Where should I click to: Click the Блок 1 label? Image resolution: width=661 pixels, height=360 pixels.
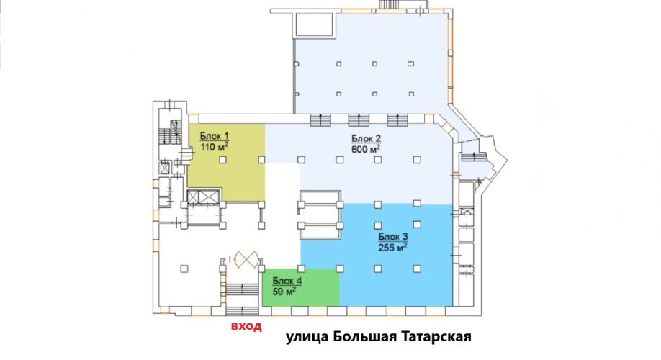pyautogui.click(x=214, y=136)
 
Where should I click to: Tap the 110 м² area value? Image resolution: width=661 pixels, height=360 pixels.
pyautogui.click(x=214, y=147)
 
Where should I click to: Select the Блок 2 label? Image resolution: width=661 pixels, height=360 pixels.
pyautogui.click(x=366, y=139)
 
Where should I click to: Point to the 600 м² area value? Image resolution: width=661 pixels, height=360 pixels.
pyautogui.click(x=366, y=149)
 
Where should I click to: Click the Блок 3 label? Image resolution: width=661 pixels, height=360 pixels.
pyautogui.click(x=393, y=237)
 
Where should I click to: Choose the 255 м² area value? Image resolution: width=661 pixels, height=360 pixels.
pyautogui.click(x=392, y=248)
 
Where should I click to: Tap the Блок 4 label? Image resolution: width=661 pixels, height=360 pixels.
pyautogui.click(x=287, y=281)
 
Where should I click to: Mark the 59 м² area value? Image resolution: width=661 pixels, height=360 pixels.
pyautogui.click(x=284, y=292)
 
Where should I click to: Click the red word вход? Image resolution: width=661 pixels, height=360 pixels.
pyautogui.click(x=246, y=326)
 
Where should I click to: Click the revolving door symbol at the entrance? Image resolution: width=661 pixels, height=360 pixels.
pyautogui.click(x=246, y=259)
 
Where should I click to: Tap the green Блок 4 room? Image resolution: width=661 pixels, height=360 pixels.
pyautogui.click(x=300, y=287)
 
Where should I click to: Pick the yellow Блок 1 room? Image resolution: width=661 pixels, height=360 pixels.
pyautogui.click(x=226, y=162)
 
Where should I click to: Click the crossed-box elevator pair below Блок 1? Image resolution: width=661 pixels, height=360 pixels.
pyautogui.click(x=204, y=197)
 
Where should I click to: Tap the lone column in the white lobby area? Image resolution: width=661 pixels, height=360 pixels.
pyautogui.click(x=184, y=269)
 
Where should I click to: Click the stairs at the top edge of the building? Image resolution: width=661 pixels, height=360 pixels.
pyautogui.click(x=392, y=4)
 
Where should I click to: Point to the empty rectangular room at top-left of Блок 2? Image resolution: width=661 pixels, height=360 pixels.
pyautogui.click(x=316, y=24)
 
